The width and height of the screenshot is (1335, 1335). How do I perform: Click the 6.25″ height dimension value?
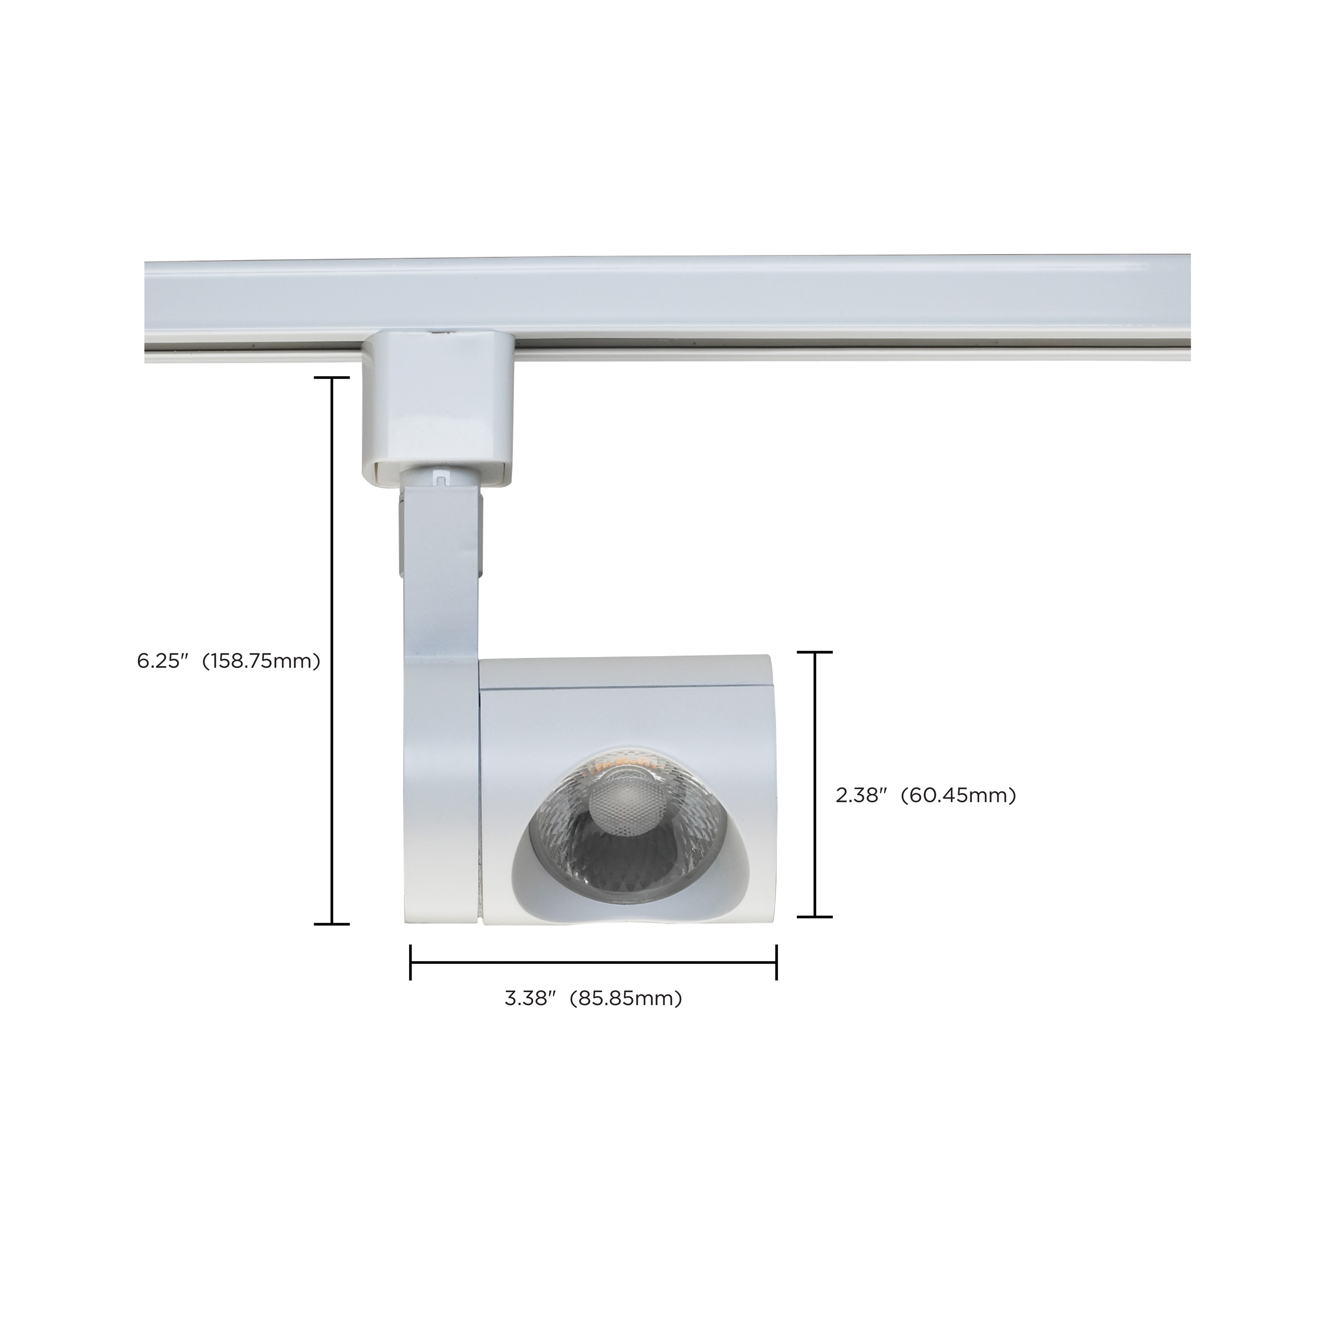pos(162,661)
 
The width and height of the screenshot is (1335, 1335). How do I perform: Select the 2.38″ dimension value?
pos(861,795)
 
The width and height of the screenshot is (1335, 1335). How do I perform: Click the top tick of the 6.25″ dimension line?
pos(332,378)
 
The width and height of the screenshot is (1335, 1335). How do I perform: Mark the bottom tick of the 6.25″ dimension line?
pos(332,923)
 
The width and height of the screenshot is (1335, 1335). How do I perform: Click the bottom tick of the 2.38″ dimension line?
pos(815,916)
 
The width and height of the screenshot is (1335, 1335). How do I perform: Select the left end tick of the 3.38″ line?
pos(411,962)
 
